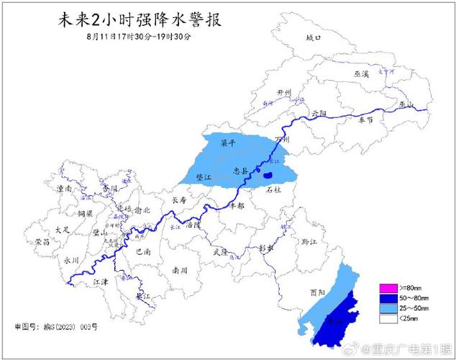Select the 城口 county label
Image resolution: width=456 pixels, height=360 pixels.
click(x=312, y=37)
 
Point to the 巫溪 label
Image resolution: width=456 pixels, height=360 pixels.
click(x=360, y=74)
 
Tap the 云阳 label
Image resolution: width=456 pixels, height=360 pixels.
click(x=319, y=114)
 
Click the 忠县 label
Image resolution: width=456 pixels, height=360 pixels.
click(x=240, y=171)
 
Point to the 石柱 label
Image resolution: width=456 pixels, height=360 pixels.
click(x=273, y=191)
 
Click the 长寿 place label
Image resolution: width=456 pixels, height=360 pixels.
click(x=178, y=201)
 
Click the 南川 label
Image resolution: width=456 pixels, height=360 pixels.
click(x=180, y=270)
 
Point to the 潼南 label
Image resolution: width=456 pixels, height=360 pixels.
click(x=64, y=189)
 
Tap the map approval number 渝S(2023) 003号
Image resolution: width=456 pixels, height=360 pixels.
click(x=55, y=327)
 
